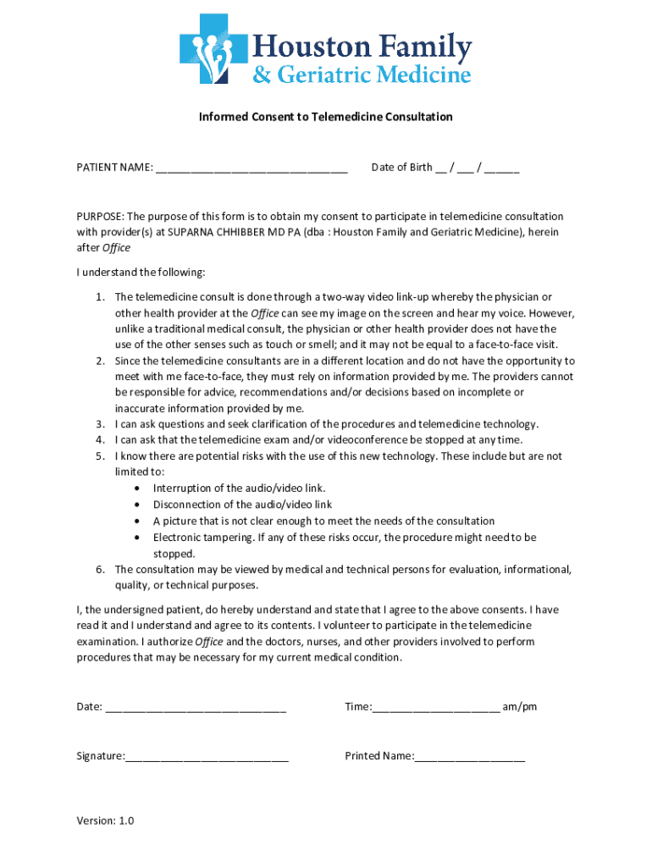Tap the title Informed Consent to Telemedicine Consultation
[325, 117]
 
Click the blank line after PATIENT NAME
[251, 168]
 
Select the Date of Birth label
[401, 167]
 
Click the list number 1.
[99, 296]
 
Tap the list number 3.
[99, 424]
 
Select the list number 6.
[99, 569]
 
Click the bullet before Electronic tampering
[137, 538]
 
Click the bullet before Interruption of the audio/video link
[137, 489]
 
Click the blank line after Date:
[196, 707]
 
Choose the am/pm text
[520, 706]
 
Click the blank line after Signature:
[207, 756]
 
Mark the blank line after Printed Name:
[470, 756]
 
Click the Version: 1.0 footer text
[105, 820]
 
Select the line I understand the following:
[141, 273]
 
